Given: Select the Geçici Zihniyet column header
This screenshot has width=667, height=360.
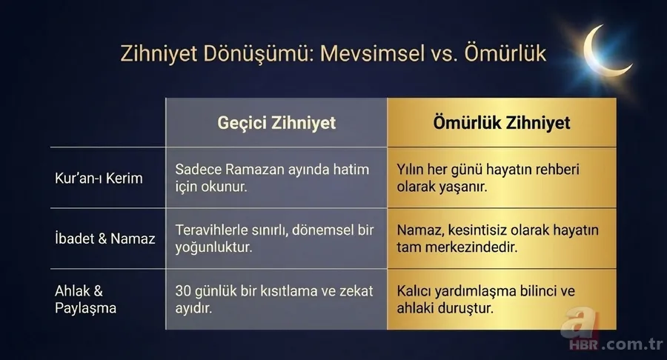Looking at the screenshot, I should click(276, 122).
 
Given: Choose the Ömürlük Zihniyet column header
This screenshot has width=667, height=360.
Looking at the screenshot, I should click(502, 122).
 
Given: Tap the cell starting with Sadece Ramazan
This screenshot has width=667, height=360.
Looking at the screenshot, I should click(272, 179).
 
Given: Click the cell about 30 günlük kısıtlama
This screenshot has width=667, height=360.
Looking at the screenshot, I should click(273, 299).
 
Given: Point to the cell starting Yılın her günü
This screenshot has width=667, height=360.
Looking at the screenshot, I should click(488, 179).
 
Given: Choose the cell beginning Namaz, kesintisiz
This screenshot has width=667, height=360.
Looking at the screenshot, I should click(497, 239).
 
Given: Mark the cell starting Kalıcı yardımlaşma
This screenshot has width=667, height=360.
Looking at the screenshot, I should click(485, 299).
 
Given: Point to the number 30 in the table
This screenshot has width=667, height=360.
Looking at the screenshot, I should click(184, 291).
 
